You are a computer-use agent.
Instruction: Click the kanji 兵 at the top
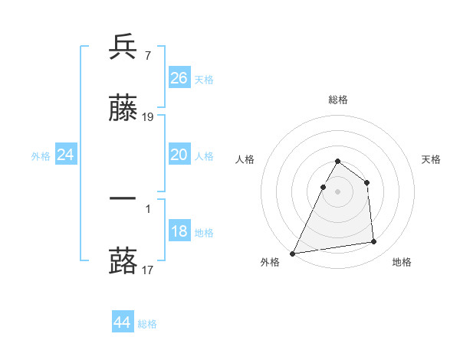[x=123, y=47]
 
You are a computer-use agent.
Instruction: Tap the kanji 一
[x=123, y=198]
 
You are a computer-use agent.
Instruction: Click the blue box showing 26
[x=179, y=78]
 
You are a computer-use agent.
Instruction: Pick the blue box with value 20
[x=179, y=155]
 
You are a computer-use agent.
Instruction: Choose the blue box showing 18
[x=179, y=231]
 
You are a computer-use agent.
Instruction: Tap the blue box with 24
[x=66, y=155]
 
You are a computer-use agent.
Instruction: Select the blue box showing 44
[x=123, y=322]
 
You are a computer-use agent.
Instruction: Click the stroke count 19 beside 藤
[x=148, y=117]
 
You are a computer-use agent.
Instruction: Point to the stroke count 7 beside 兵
[x=147, y=55]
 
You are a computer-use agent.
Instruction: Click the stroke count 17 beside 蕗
[x=148, y=270]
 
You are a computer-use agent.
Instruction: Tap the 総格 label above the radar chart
[x=337, y=100]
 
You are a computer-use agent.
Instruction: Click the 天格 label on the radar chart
[x=431, y=159]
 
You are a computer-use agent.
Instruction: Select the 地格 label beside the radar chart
[x=402, y=262]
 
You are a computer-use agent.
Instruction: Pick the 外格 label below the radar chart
[x=270, y=262]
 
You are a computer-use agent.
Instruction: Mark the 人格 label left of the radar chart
[x=245, y=159]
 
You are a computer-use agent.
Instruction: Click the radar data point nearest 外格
[x=293, y=253]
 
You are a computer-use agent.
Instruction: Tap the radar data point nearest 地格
[x=374, y=242]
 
